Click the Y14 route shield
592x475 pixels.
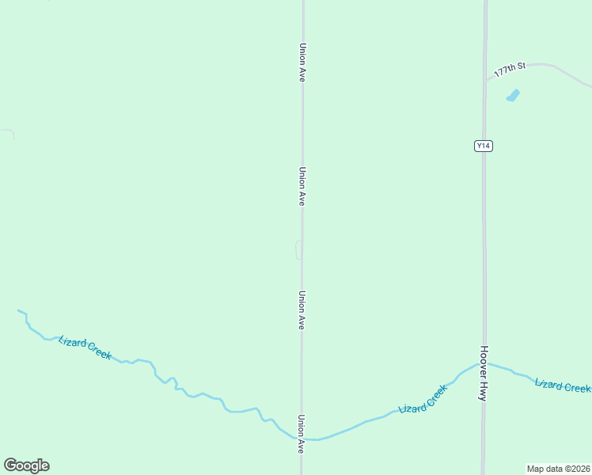point(484,146)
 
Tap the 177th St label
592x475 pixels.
point(510,70)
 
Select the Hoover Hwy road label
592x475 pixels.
point(483,373)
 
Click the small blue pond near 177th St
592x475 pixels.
point(513,96)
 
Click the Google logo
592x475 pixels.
point(26,465)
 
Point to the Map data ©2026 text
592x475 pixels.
point(558,468)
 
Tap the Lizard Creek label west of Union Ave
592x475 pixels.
point(85,348)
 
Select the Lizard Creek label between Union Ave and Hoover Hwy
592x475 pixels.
point(423,398)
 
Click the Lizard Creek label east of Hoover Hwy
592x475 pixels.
point(562,386)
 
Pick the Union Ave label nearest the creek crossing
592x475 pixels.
point(302,434)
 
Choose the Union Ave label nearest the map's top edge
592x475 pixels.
point(302,63)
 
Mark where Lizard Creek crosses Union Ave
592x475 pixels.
point(302,439)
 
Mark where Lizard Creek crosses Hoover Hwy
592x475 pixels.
point(484,364)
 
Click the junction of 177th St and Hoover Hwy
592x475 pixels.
point(485,79)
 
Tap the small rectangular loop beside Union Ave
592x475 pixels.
point(298,249)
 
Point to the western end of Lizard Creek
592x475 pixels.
point(19,310)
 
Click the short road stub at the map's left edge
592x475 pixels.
point(8,132)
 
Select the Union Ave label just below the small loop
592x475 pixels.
point(302,310)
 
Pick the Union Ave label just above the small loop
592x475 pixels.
point(302,186)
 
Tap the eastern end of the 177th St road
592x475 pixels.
point(589,85)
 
